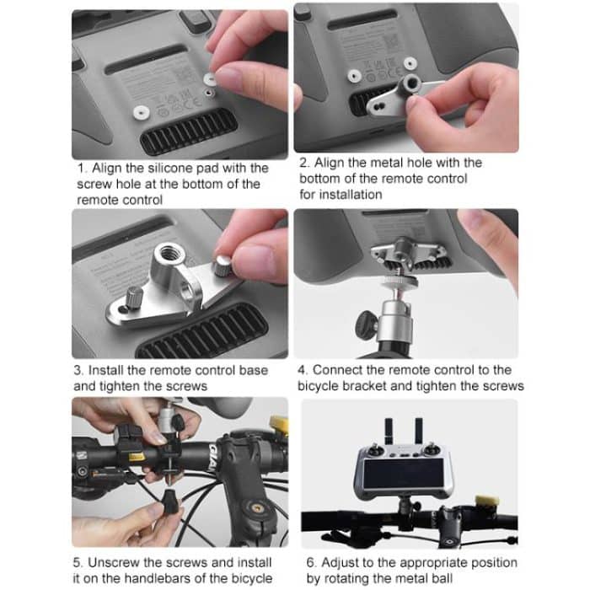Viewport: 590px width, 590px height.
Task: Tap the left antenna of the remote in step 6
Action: (x=389, y=431)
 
